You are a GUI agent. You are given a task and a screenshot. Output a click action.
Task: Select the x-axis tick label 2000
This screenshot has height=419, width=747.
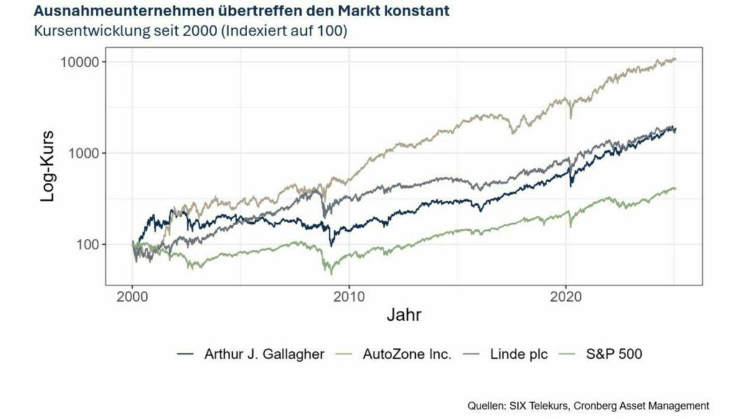tap(132, 297)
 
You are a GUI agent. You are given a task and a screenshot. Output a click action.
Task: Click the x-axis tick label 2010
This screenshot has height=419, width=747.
tap(349, 297)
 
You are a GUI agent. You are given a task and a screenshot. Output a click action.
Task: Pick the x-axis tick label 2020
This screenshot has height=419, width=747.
tap(565, 297)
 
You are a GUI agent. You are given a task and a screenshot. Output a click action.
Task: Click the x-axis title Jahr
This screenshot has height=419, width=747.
tap(403, 316)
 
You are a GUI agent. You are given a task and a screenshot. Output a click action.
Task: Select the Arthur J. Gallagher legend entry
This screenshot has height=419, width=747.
tap(264, 354)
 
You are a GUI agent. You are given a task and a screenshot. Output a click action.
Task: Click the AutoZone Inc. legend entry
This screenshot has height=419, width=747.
tap(406, 354)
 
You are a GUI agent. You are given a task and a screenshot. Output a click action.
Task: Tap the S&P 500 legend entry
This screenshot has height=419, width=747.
tap(614, 354)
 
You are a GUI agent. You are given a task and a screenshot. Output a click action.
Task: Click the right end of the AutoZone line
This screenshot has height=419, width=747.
tap(675, 59)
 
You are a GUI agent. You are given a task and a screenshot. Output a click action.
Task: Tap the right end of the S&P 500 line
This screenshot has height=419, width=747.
tap(675, 188)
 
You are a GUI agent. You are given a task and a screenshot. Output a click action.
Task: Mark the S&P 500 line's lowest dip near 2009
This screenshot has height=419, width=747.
tap(331, 274)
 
